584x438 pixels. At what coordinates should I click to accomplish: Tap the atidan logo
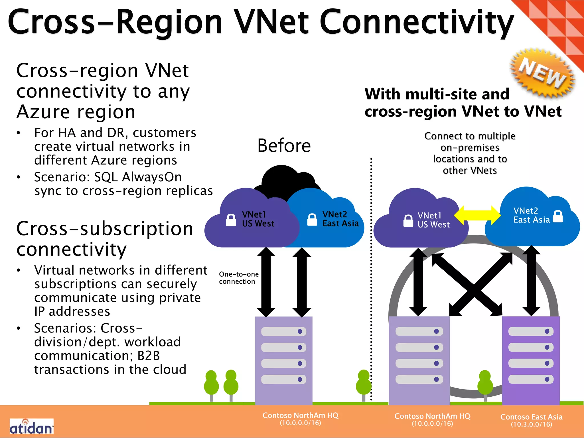point(31,427)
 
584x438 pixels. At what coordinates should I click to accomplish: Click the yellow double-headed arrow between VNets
point(477,215)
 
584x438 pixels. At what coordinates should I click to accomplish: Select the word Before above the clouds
point(284,146)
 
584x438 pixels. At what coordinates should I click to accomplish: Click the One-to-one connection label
point(239,278)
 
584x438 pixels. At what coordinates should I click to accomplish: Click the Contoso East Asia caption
point(531,417)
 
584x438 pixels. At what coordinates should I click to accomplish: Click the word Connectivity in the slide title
point(416,22)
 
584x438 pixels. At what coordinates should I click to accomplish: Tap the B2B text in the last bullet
point(148,356)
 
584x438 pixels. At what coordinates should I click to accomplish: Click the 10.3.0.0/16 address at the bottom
point(531,424)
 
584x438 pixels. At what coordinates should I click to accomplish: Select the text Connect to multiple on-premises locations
point(470,153)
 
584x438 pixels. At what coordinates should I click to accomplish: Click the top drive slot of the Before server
point(283,331)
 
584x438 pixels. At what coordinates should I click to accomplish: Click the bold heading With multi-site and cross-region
point(463,103)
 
